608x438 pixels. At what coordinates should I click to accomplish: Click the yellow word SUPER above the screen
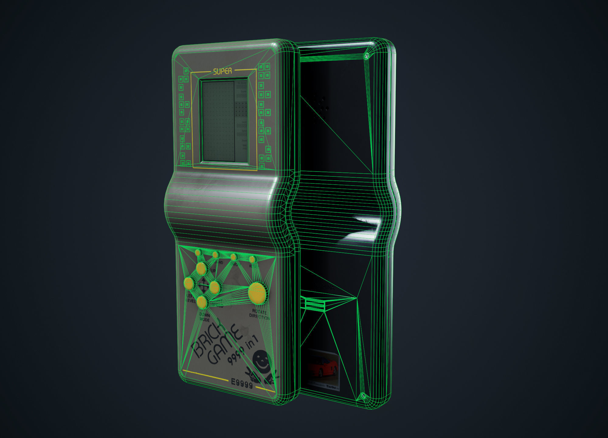(223, 71)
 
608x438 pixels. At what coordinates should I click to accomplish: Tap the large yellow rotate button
(257, 293)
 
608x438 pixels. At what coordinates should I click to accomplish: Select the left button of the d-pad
(189, 283)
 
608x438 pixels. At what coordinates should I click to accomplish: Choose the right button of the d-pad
(215, 287)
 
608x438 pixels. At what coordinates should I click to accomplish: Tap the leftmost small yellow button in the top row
(198, 252)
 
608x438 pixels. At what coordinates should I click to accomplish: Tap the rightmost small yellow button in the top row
(252, 259)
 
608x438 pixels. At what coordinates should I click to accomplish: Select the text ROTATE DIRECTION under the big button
(259, 314)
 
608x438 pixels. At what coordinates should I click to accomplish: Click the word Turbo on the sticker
(331, 387)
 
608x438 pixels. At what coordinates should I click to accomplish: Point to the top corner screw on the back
(367, 56)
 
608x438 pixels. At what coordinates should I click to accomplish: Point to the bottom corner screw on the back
(363, 396)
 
